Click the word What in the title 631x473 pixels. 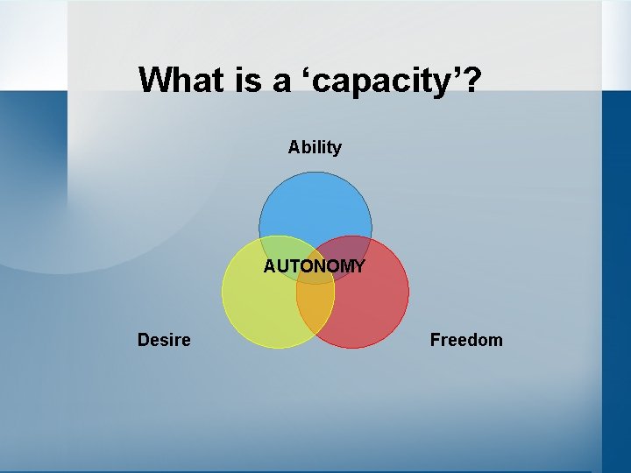click(x=179, y=80)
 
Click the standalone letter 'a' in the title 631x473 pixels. click(x=281, y=82)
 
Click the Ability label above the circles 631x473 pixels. click(x=315, y=147)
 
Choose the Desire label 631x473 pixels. click(x=164, y=340)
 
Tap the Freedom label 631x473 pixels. click(x=466, y=340)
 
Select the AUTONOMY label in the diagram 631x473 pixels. click(x=315, y=266)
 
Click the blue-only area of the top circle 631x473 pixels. click(x=315, y=206)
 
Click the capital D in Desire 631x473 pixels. click(x=143, y=340)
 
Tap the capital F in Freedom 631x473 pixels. click(x=435, y=340)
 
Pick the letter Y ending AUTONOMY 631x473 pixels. click(x=359, y=266)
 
